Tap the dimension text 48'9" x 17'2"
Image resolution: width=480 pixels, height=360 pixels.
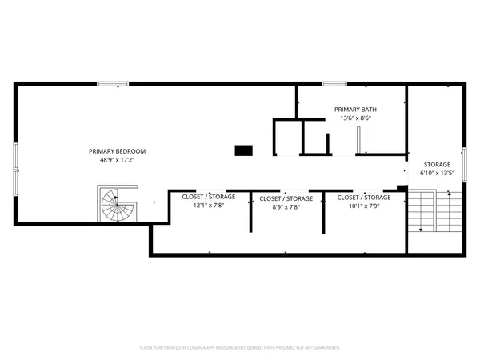[117, 160]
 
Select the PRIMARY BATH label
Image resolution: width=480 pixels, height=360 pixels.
[355, 110]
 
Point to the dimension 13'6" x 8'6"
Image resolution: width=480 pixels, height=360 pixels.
[355, 118]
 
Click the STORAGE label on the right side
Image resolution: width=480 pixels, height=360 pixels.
[437, 164]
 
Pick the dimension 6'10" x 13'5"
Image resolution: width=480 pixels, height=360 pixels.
[437, 173]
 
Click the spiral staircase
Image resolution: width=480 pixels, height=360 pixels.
[118, 206]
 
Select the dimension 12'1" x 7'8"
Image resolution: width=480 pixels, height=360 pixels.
[208, 206]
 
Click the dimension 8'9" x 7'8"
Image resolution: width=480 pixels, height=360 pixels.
[286, 206]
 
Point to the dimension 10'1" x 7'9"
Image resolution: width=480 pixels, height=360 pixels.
[363, 206]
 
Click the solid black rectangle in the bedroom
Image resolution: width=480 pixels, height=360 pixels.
[243, 150]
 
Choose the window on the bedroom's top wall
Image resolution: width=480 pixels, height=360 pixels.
[118, 83]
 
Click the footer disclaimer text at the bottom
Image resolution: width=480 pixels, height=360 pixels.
[240, 348]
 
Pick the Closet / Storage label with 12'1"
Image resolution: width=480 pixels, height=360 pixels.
[208, 197]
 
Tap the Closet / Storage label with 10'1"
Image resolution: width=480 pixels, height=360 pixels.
[363, 197]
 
